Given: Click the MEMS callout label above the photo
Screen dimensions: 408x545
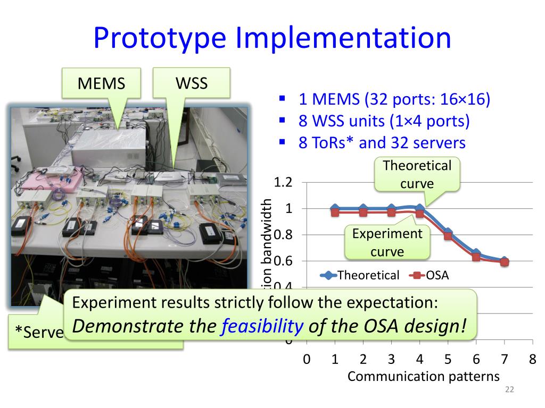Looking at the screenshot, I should [101, 83].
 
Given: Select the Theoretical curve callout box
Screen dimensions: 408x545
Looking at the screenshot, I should [417, 174].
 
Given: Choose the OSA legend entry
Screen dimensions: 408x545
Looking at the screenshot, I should [431, 275].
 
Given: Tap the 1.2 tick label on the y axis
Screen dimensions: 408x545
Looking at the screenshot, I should [283, 182].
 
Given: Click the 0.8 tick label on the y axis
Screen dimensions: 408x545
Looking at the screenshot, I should [283, 235].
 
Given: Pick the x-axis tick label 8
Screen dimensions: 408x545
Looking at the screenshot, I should [532, 360].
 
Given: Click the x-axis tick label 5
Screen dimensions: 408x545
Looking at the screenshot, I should [448, 360].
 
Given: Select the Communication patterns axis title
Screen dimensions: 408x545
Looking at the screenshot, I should [423, 376].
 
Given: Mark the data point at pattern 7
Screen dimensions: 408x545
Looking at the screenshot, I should [504, 261].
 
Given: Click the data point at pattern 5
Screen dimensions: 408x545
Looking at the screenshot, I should [448, 234].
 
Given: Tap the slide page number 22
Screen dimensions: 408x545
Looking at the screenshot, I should [509, 390].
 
